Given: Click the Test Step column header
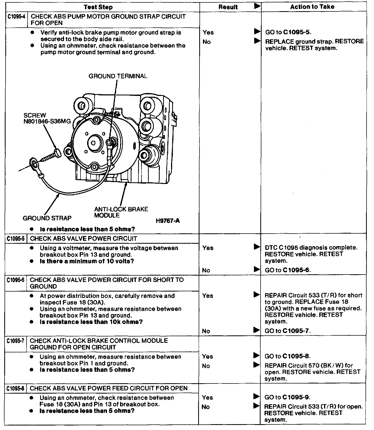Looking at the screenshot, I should [98, 7].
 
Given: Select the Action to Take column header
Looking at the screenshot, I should [312, 7].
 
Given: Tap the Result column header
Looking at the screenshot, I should [228, 7].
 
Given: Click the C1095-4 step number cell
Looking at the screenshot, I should [16, 17].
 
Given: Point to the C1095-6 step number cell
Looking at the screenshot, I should [16, 280].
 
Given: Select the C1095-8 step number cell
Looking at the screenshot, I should [16, 389].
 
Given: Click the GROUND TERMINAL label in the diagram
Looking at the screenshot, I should [118, 76].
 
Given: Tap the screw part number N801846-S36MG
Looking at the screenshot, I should [47, 121].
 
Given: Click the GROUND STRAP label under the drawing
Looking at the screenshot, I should [47, 218].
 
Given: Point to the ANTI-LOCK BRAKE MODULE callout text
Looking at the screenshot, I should [121, 212].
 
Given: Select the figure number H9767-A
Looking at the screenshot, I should [168, 221].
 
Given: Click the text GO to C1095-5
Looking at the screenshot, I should [288, 32].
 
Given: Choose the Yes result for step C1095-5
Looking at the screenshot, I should [208, 248].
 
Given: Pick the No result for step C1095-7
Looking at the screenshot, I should [206, 366].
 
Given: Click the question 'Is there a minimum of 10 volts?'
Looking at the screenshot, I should [87, 261].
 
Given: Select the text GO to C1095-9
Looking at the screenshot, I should [287, 398].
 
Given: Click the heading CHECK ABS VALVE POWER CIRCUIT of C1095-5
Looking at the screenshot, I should [83, 239].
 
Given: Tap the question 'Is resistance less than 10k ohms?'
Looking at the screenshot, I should [91, 322].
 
